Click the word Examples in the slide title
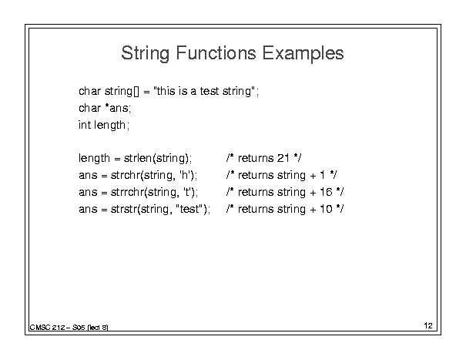click(x=303, y=53)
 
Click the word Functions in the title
click(x=216, y=53)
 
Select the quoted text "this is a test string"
click(x=204, y=91)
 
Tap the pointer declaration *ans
click(x=117, y=108)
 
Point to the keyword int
click(x=85, y=125)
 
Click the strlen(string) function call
click(x=156, y=158)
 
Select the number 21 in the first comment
click(x=283, y=158)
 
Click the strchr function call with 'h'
click(x=153, y=175)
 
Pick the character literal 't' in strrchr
click(x=187, y=192)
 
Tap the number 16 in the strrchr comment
click(x=326, y=192)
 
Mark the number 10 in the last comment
click(x=326, y=209)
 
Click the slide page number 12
click(x=428, y=325)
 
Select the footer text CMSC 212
click(x=47, y=328)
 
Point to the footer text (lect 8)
click(x=98, y=328)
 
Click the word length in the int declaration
click(x=109, y=125)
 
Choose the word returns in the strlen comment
click(x=256, y=158)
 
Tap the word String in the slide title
click(x=146, y=53)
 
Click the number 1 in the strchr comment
click(x=323, y=175)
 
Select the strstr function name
click(x=124, y=209)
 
